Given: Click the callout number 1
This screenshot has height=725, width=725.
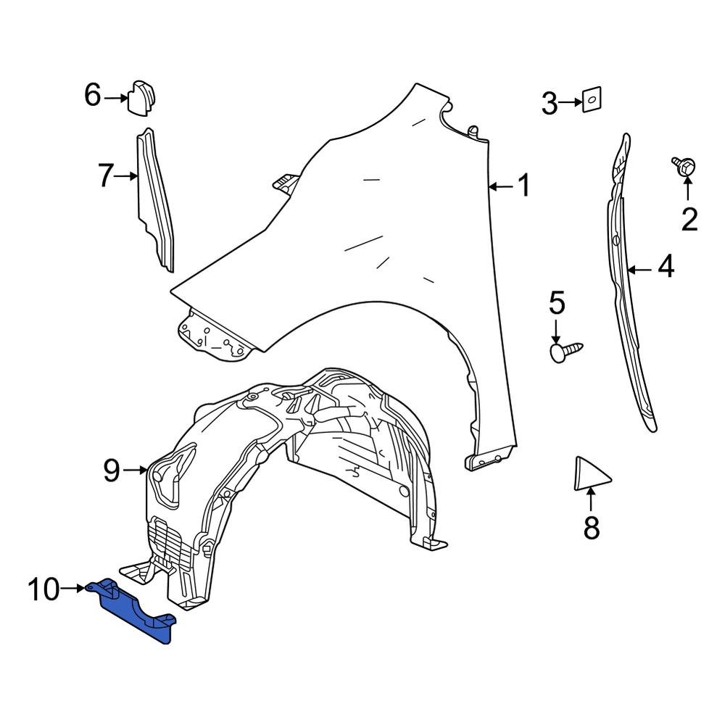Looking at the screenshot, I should tap(522, 186).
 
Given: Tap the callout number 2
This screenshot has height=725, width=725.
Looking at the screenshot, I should tap(688, 218).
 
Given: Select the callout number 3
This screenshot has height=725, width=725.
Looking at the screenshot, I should tap(550, 104).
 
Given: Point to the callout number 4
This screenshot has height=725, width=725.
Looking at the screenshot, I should tap(666, 269).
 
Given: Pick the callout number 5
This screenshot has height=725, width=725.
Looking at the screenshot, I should tap(556, 303).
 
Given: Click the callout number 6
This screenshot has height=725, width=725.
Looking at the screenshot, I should tap(93, 95).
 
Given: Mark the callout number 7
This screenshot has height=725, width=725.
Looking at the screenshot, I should tap(106, 175).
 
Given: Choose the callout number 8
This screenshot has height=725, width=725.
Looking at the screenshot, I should tap(592, 527).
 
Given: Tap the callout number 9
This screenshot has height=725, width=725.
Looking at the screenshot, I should tap(111, 471).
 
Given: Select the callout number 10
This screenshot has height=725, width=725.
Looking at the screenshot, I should tap(43, 589).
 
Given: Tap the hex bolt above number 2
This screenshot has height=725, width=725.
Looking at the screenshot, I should tap(684, 166).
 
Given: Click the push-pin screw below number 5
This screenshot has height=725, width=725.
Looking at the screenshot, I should tap(565, 350).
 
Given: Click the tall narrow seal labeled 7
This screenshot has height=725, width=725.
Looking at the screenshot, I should tap(155, 199).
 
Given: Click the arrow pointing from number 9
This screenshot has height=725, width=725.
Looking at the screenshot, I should tap(136, 471).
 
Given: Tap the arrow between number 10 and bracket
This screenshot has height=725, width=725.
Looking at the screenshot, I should tap(75, 589).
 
